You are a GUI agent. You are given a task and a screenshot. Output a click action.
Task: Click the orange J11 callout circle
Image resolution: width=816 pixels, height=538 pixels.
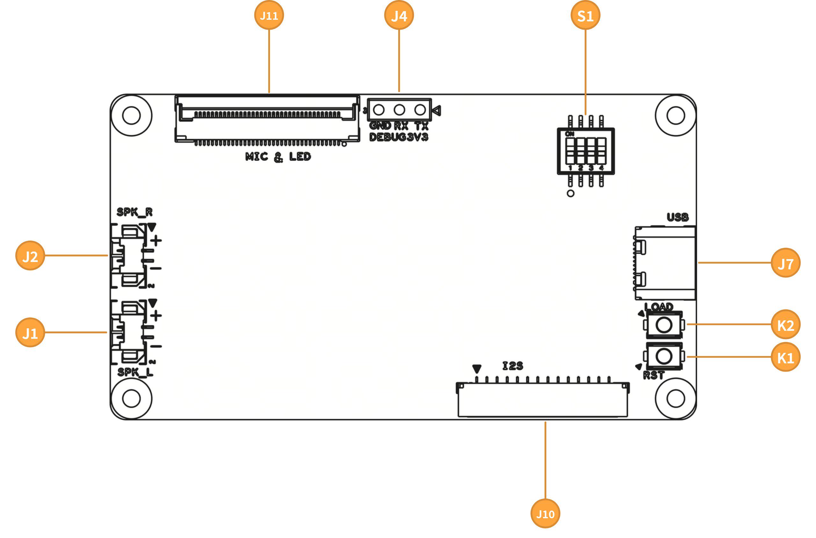269,15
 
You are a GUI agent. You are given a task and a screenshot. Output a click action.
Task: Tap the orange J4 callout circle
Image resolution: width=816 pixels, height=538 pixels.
399,15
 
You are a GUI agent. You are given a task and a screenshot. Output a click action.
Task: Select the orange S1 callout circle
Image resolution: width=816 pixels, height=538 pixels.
586,15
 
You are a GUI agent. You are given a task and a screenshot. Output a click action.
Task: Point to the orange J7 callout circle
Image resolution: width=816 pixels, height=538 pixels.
786,263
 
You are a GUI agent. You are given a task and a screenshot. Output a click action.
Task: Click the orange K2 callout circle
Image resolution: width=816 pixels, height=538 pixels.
786,324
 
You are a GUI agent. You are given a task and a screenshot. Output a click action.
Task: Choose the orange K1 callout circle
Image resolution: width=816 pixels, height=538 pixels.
786,357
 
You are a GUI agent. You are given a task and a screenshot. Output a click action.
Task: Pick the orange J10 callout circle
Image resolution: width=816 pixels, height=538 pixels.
545,514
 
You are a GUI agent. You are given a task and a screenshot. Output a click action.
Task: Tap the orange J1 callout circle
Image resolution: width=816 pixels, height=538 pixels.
30,332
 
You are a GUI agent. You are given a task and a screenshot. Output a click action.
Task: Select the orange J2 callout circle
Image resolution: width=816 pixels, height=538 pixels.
30,256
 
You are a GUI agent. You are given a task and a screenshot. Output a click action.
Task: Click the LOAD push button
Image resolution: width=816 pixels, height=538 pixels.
664,324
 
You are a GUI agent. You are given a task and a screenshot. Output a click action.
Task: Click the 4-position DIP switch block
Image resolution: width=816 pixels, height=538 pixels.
586,151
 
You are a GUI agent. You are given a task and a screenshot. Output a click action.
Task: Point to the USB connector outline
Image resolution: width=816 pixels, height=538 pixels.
665,263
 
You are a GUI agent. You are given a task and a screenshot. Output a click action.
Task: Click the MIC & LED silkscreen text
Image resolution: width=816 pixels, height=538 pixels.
278,157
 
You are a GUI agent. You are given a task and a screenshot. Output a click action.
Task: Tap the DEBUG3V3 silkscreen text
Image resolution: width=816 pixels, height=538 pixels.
399,137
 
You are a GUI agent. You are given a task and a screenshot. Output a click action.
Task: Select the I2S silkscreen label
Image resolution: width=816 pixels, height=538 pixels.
513,366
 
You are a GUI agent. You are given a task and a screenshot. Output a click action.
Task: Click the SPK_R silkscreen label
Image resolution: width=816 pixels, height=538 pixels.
135,212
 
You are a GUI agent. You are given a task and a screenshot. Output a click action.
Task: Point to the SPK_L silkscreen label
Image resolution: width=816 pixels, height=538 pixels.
135,372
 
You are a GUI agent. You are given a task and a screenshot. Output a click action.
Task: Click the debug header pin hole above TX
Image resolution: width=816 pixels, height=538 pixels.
420,110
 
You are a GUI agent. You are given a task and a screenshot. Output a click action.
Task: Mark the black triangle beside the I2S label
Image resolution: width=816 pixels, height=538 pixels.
477,369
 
